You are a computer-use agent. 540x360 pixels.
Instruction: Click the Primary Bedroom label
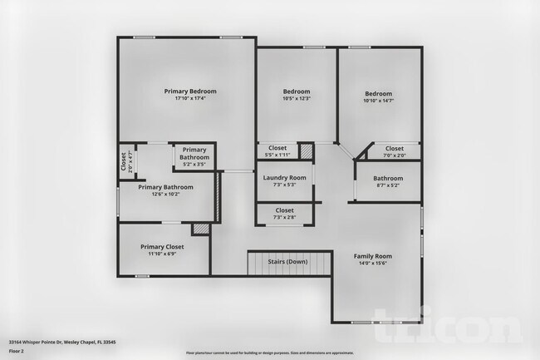coord(190,91)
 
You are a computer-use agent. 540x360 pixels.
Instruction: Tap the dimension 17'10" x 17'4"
coord(190,99)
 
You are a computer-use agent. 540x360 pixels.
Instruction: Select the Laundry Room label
coord(284,178)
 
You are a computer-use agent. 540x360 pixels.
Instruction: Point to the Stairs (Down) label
coord(287,262)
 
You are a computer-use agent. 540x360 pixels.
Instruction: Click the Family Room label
coord(372,256)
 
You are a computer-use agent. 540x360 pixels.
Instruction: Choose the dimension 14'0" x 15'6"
coord(372,264)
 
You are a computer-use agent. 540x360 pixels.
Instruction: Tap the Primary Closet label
coord(162,247)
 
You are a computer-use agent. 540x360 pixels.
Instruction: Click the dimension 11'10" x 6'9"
coord(162,254)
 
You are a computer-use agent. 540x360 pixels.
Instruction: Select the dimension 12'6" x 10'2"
coord(166,195)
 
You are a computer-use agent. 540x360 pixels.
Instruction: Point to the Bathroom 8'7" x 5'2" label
coord(388,179)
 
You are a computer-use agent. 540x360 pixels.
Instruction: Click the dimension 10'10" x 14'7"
coord(378,101)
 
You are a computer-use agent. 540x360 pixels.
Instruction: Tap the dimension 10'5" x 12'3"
coord(297,100)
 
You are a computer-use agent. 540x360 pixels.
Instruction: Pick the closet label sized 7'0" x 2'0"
coord(395,149)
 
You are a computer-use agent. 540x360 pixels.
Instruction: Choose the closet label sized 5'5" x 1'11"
coord(277,148)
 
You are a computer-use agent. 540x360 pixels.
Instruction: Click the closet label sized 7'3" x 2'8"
coord(284,211)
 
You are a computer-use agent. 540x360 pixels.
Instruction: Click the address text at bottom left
coord(62,341)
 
